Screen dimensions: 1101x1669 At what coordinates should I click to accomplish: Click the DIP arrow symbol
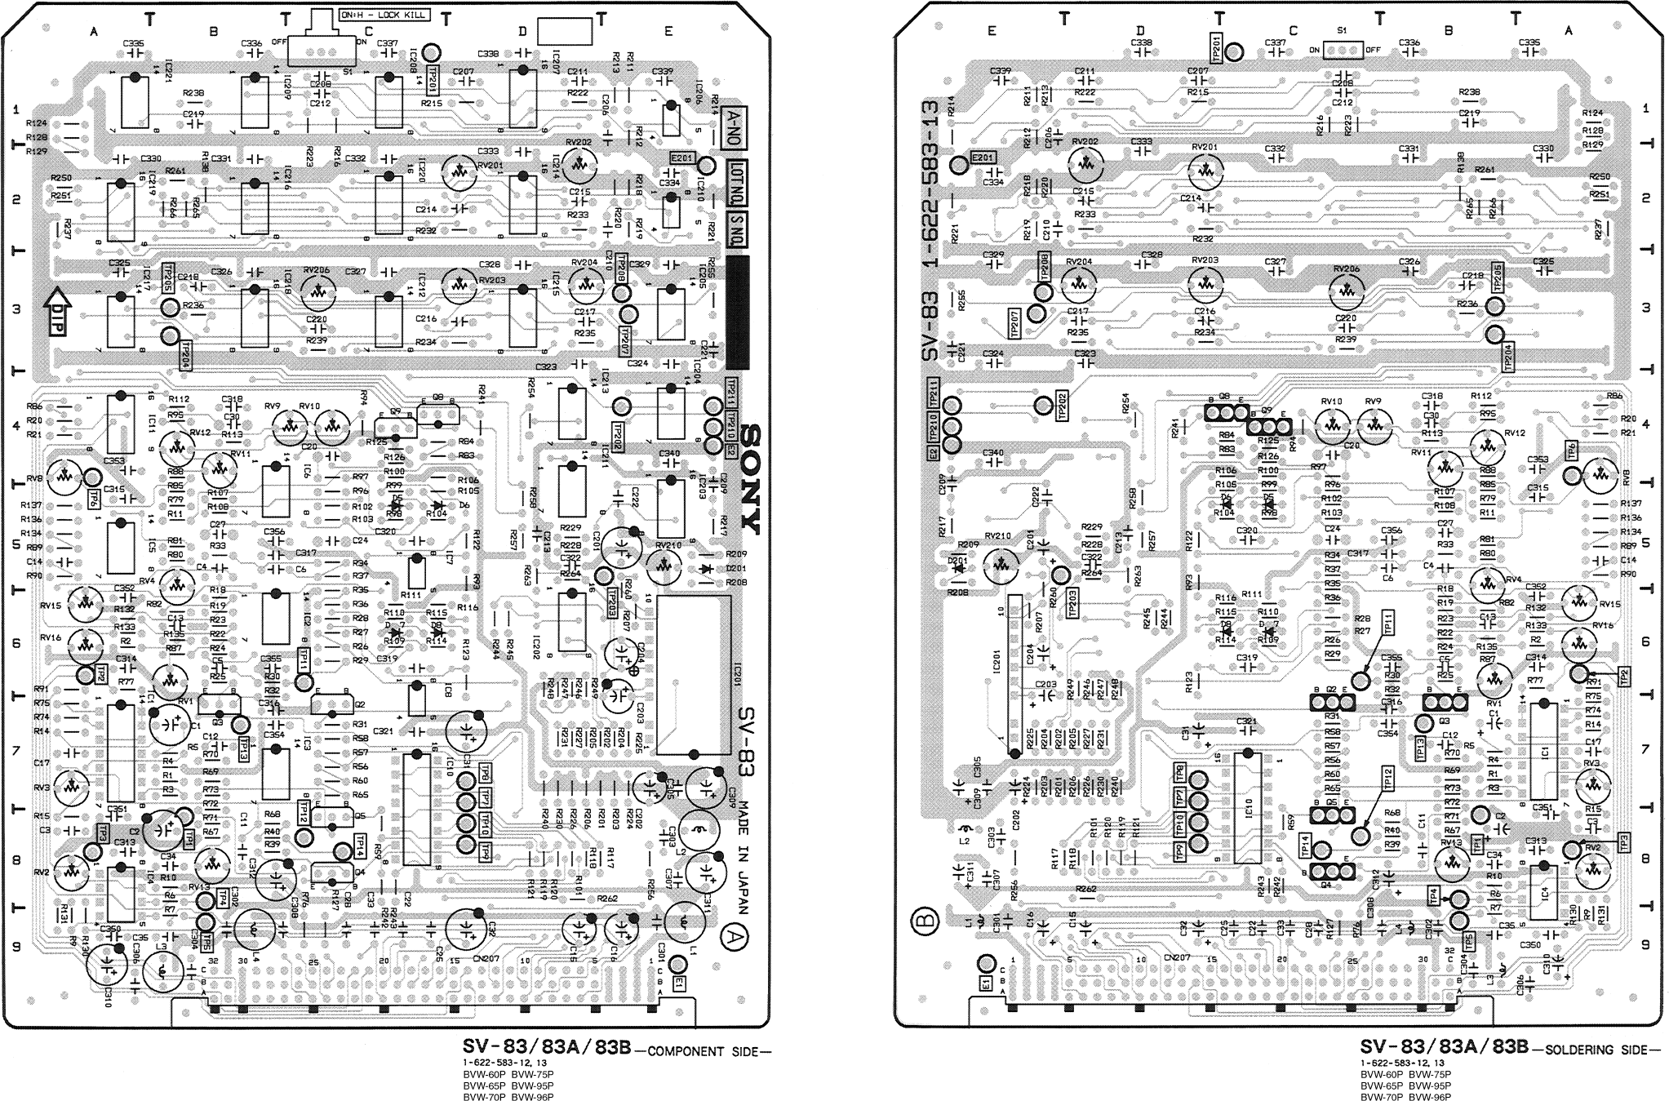58,313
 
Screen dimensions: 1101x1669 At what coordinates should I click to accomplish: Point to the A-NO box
735,129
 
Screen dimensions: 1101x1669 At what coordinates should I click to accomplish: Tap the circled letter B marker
925,923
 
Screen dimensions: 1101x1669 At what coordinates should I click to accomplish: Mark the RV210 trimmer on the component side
664,564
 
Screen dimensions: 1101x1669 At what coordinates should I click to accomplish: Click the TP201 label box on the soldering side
1216,48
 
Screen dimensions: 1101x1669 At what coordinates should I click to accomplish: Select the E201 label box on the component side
681,158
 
